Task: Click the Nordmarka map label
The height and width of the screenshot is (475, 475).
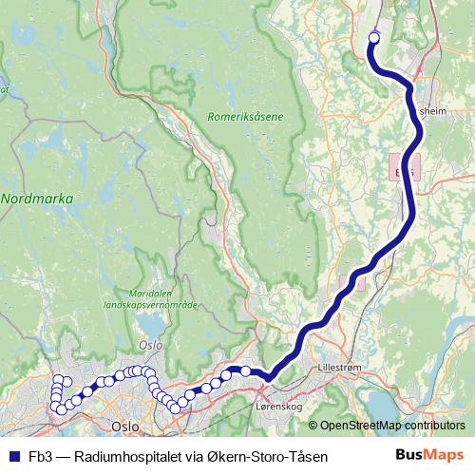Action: pos(37,199)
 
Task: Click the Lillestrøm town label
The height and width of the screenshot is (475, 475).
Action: pos(344,364)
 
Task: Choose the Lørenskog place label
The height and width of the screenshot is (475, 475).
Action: pos(278,407)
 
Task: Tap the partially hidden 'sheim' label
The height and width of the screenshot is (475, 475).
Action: pos(433,109)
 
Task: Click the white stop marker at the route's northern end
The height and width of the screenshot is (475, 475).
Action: pos(373,37)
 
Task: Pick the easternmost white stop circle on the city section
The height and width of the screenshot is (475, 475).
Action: pos(245,370)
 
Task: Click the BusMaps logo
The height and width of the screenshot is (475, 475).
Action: pos(429,456)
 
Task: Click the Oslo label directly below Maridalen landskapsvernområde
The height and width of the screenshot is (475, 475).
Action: pos(149,345)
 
